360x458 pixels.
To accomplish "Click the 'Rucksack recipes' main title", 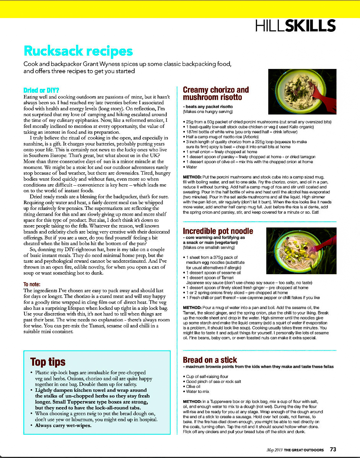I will coord(78,51).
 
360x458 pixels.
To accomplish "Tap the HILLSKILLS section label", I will coord(295,26).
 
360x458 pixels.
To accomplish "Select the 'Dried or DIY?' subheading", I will coord(41,90).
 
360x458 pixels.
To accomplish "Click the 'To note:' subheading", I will coord(32,284).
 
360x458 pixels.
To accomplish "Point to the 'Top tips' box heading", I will coord(48,361).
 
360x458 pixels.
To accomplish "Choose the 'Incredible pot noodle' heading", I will coord(218,231).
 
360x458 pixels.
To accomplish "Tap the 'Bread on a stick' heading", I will coord(210,360).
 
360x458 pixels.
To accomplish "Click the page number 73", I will coord(333,449).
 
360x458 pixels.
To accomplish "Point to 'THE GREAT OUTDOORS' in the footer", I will coord(304,450).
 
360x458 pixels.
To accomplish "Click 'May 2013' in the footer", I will coord(275,450).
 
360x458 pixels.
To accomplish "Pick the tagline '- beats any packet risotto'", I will coord(208,106).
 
